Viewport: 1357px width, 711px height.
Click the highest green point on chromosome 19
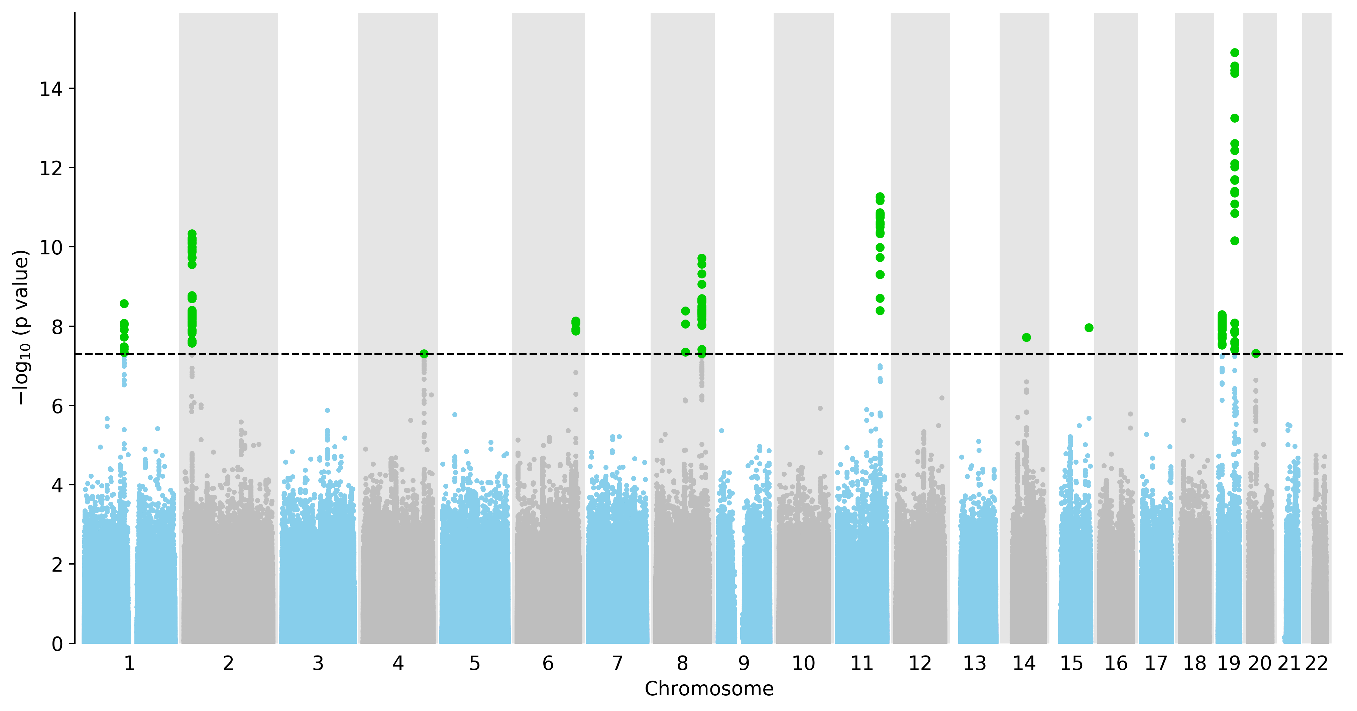click(x=1234, y=53)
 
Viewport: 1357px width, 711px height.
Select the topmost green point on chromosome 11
click(x=880, y=197)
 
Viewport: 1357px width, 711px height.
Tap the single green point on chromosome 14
click(x=1026, y=337)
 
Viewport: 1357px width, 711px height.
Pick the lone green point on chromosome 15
click(x=1089, y=328)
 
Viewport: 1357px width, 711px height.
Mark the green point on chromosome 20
click(x=1256, y=353)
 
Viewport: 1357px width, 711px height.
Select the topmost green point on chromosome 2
click(x=192, y=233)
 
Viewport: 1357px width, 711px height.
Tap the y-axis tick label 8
click(x=56, y=327)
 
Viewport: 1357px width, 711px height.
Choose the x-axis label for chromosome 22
click(x=1317, y=663)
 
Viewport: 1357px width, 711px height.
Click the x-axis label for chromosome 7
click(x=617, y=663)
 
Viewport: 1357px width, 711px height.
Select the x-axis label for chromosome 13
click(x=975, y=663)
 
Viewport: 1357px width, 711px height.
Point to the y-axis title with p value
click(x=21, y=328)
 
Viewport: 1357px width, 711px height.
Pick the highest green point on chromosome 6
click(x=576, y=321)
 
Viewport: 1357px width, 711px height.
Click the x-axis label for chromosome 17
click(x=1156, y=663)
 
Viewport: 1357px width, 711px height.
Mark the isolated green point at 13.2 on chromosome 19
click(x=1234, y=118)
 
